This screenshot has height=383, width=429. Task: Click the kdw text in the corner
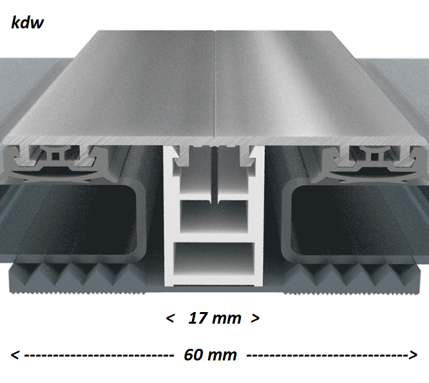pos(27,23)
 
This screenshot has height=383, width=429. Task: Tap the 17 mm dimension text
pos(214,319)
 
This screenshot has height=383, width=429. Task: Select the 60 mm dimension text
pos(210,355)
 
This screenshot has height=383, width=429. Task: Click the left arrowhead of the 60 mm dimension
pos(15,355)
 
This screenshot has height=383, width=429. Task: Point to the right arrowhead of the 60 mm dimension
pos(413,355)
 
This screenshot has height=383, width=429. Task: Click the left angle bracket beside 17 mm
pos(170,319)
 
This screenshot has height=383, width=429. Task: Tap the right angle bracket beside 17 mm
pos(255,319)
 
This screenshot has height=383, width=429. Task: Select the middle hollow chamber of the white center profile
pos(214,217)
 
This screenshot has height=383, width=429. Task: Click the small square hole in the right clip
pos(374,157)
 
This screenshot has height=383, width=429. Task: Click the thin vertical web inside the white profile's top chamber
pos(214,175)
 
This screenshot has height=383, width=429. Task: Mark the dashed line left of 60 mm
pos(99,356)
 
